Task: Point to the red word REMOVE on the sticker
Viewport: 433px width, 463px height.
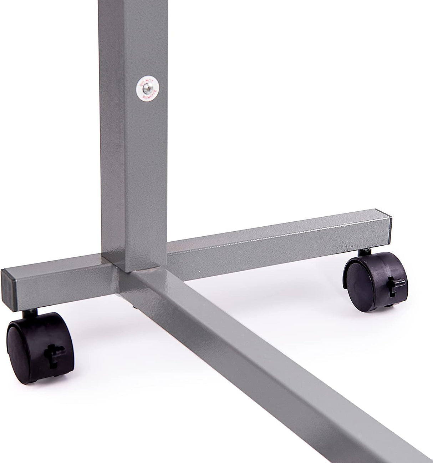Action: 147,95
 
